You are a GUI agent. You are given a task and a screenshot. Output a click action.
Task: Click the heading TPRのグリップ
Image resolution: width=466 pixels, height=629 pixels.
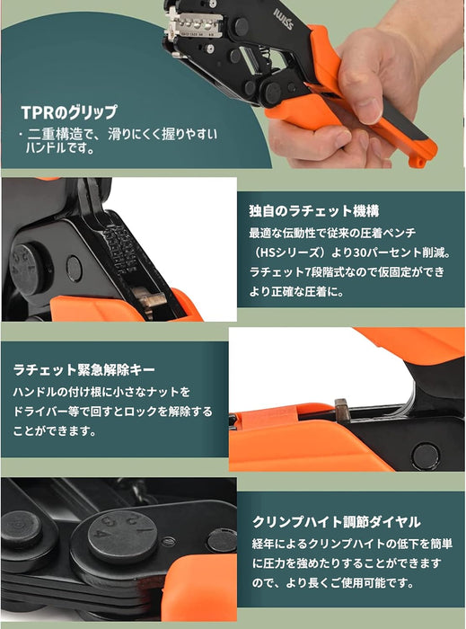click(x=69, y=112)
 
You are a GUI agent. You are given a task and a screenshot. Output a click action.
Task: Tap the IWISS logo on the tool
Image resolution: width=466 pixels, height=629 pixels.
click(x=284, y=19)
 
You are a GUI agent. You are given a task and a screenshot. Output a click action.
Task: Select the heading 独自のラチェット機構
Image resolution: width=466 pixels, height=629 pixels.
click(x=313, y=210)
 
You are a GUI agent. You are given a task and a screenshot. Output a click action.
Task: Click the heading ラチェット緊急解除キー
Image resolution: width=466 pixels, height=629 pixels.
click(x=84, y=369)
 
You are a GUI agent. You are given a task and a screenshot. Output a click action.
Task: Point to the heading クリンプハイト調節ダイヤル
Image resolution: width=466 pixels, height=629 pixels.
click(x=336, y=521)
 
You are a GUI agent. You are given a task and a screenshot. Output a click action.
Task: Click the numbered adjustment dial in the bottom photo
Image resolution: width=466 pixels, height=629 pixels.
click(x=123, y=538)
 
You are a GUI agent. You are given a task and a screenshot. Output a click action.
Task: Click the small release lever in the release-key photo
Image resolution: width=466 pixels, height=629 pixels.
click(x=342, y=410)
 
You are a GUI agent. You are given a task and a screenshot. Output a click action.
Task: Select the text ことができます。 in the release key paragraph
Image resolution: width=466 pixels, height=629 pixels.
click(x=55, y=431)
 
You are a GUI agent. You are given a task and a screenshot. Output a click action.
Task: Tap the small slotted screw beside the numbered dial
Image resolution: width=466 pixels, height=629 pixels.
click(x=168, y=542)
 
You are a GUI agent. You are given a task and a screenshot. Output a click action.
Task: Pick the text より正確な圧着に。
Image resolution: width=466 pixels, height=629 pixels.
click(x=297, y=292)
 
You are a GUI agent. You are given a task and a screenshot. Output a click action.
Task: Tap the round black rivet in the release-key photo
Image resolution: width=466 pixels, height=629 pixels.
click(x=425, y=456)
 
